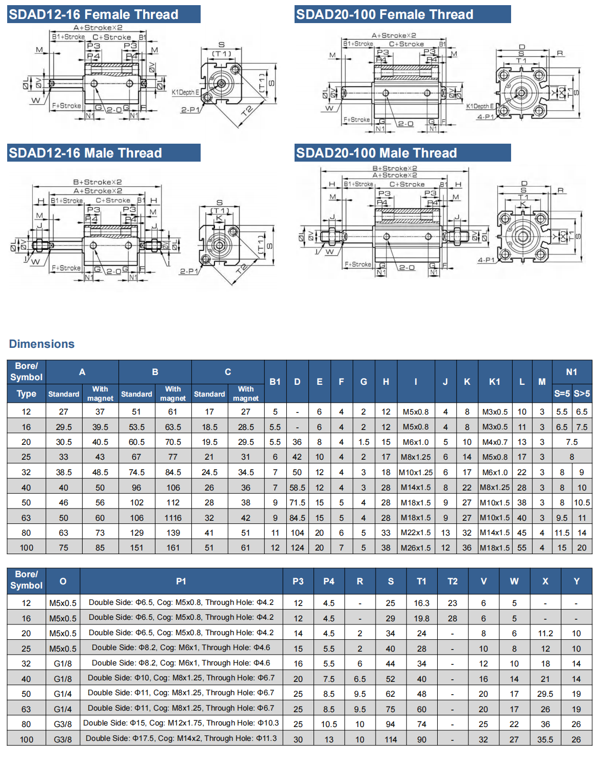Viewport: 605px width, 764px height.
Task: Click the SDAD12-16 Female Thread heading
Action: coord(93,14)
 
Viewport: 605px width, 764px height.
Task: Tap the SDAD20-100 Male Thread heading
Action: coord(376,153)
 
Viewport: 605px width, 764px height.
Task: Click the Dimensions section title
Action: coord(42,344)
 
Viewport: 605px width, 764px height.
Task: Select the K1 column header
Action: coord(495,382)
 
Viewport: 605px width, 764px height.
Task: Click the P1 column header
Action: coord(181,581)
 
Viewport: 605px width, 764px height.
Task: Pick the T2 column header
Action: coord(452,581)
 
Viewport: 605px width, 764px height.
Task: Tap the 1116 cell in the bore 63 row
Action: coord(173,518)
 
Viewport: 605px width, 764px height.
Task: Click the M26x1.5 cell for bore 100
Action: coord(416,548)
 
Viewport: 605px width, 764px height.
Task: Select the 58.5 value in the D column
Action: coord(297,487)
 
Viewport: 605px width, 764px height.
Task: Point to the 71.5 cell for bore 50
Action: coord(297,503)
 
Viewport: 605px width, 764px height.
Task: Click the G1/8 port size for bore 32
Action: coord(63,663)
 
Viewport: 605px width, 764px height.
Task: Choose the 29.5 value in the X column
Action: coord(545,694)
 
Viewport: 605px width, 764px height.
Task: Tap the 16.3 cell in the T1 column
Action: coord(421,603)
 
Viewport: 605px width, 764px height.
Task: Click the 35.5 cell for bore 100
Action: coord(545,739)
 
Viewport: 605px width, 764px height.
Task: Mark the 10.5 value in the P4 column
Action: coord(329,724)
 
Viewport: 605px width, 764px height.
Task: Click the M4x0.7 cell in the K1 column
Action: coord(495,442)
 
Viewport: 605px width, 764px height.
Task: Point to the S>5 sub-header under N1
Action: coord(582,394)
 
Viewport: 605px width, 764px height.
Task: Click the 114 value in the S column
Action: coord(391,739)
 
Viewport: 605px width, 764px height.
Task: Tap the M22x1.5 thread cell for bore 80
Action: coord(416,533)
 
